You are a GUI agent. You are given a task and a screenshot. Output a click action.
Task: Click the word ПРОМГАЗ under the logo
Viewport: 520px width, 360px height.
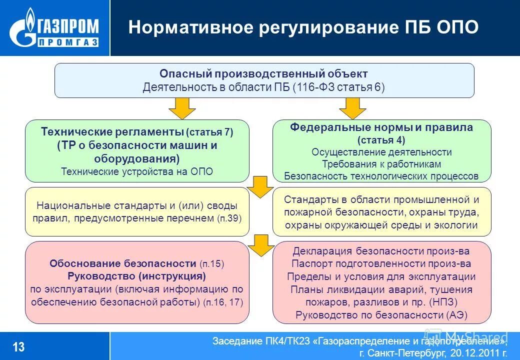[68, 42]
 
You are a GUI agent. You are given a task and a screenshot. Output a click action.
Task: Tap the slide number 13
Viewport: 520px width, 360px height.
[18, 346]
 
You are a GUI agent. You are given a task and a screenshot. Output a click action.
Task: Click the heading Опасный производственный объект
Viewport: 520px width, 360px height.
[263, 74]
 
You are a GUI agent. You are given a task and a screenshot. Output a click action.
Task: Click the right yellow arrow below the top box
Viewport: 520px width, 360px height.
[353, 108]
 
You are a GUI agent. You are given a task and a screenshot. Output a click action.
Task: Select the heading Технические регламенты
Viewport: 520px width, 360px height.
[112, 132]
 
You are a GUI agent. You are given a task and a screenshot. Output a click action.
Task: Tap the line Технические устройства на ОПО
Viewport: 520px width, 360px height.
[137, 171]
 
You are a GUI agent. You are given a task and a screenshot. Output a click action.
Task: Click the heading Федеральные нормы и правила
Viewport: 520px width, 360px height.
[381, 127]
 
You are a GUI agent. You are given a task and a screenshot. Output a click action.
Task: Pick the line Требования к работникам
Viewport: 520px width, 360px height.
[381, 164]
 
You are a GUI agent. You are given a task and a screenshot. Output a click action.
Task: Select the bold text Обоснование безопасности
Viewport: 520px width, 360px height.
[122, 263]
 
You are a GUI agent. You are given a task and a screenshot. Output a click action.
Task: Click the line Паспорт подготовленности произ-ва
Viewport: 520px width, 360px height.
[381, 263]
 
